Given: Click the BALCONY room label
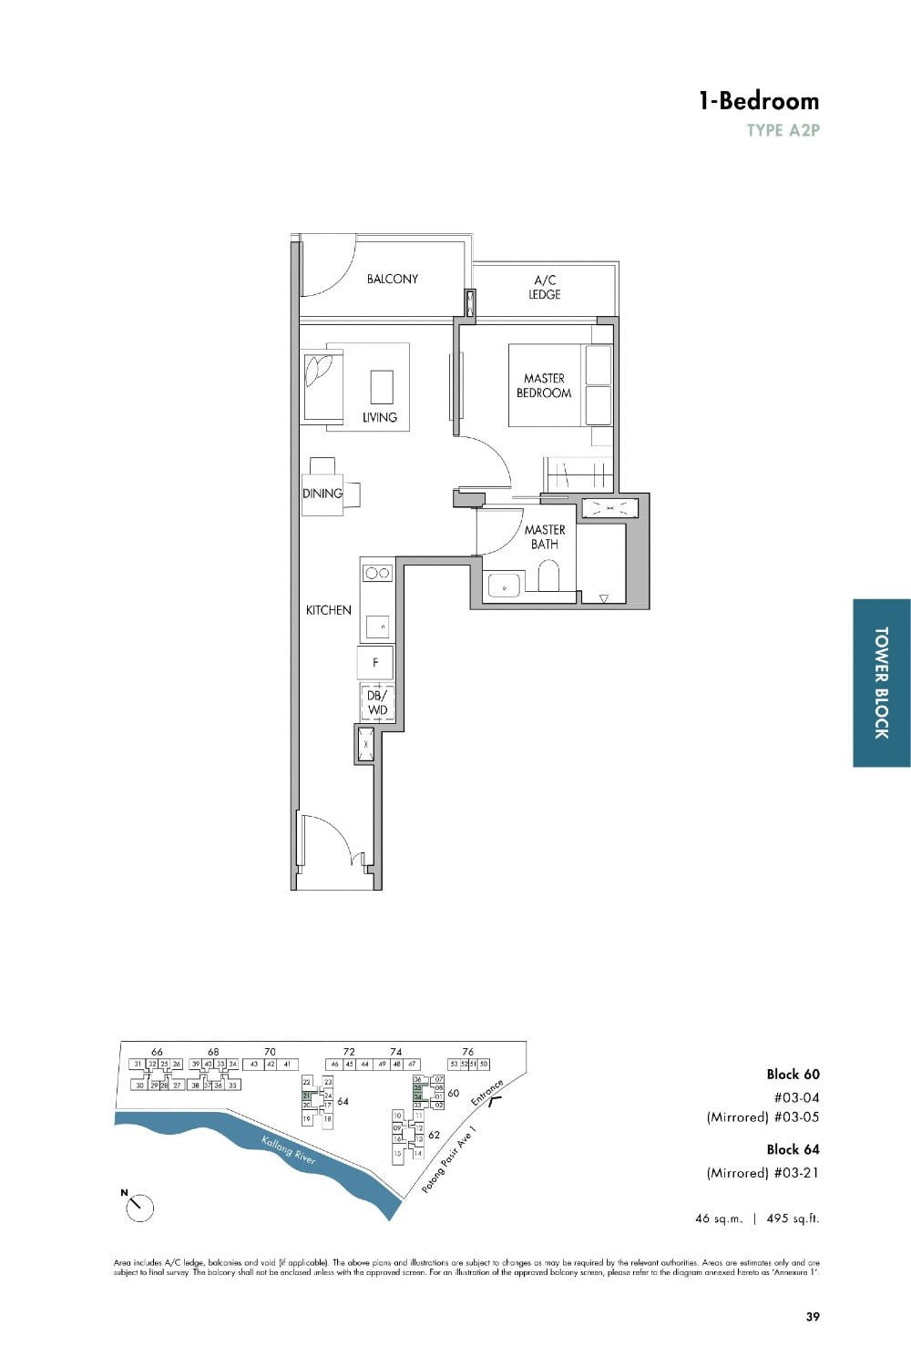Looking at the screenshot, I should tap(392, 279).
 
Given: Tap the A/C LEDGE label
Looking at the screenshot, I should tap(545, 287).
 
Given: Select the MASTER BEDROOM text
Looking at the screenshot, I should tap(544, 385).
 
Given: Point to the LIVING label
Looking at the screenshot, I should tap(380, 417).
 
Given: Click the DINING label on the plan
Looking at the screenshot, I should tap(322, 494).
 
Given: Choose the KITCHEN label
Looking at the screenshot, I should tap(328, 610).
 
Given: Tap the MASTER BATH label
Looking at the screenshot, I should tap(544, 536).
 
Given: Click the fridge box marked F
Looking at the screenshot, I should tap(376, 663).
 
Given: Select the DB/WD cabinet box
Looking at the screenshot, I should tap(377, 702).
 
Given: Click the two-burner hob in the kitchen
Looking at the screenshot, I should tap(377, 573).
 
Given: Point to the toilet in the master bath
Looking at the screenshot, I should tap(548, 576).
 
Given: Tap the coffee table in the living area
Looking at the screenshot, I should tap(382, 386).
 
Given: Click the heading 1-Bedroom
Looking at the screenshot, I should tap(758, 101).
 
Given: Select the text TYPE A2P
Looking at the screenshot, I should tap(783, 130).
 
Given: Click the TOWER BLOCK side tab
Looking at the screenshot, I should tap(881, 682).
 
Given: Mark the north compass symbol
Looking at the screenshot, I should tap(139, 1207).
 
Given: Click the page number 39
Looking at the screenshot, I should tap(812, 1316).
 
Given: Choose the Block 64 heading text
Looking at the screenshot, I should tap(793, 1149).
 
